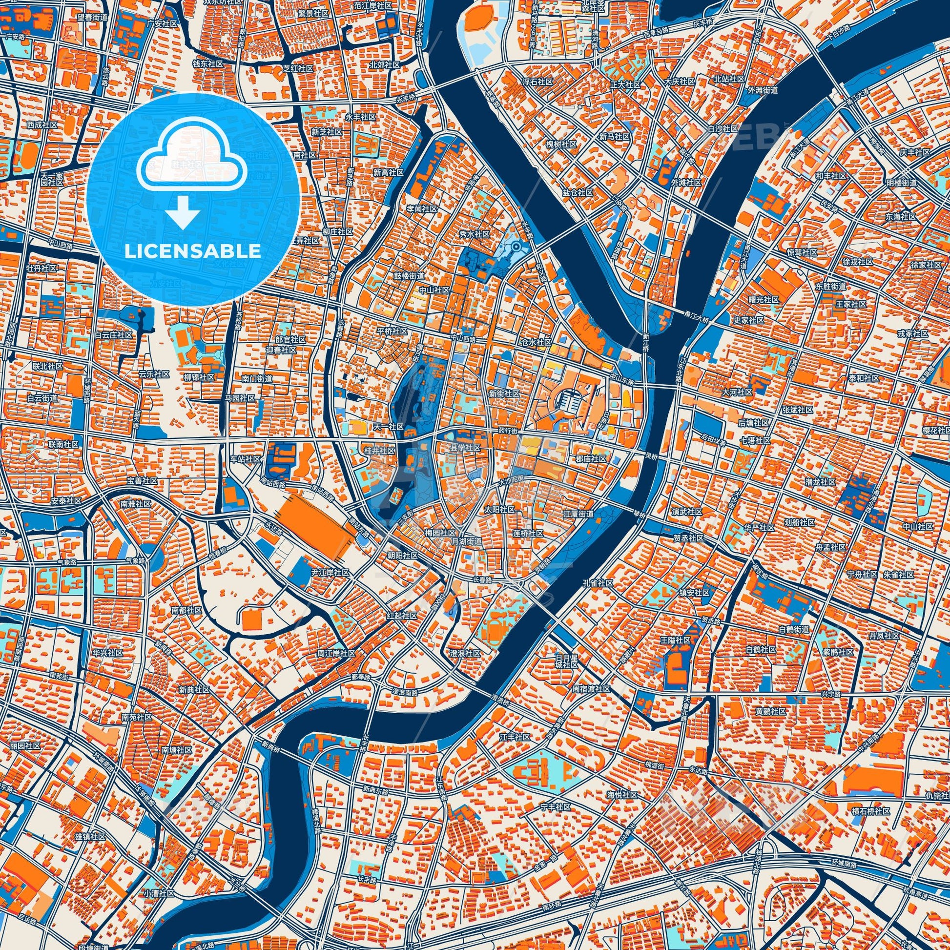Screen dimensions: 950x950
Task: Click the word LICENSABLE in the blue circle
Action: click(193, 251)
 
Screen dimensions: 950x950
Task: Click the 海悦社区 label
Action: click(622, 795)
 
